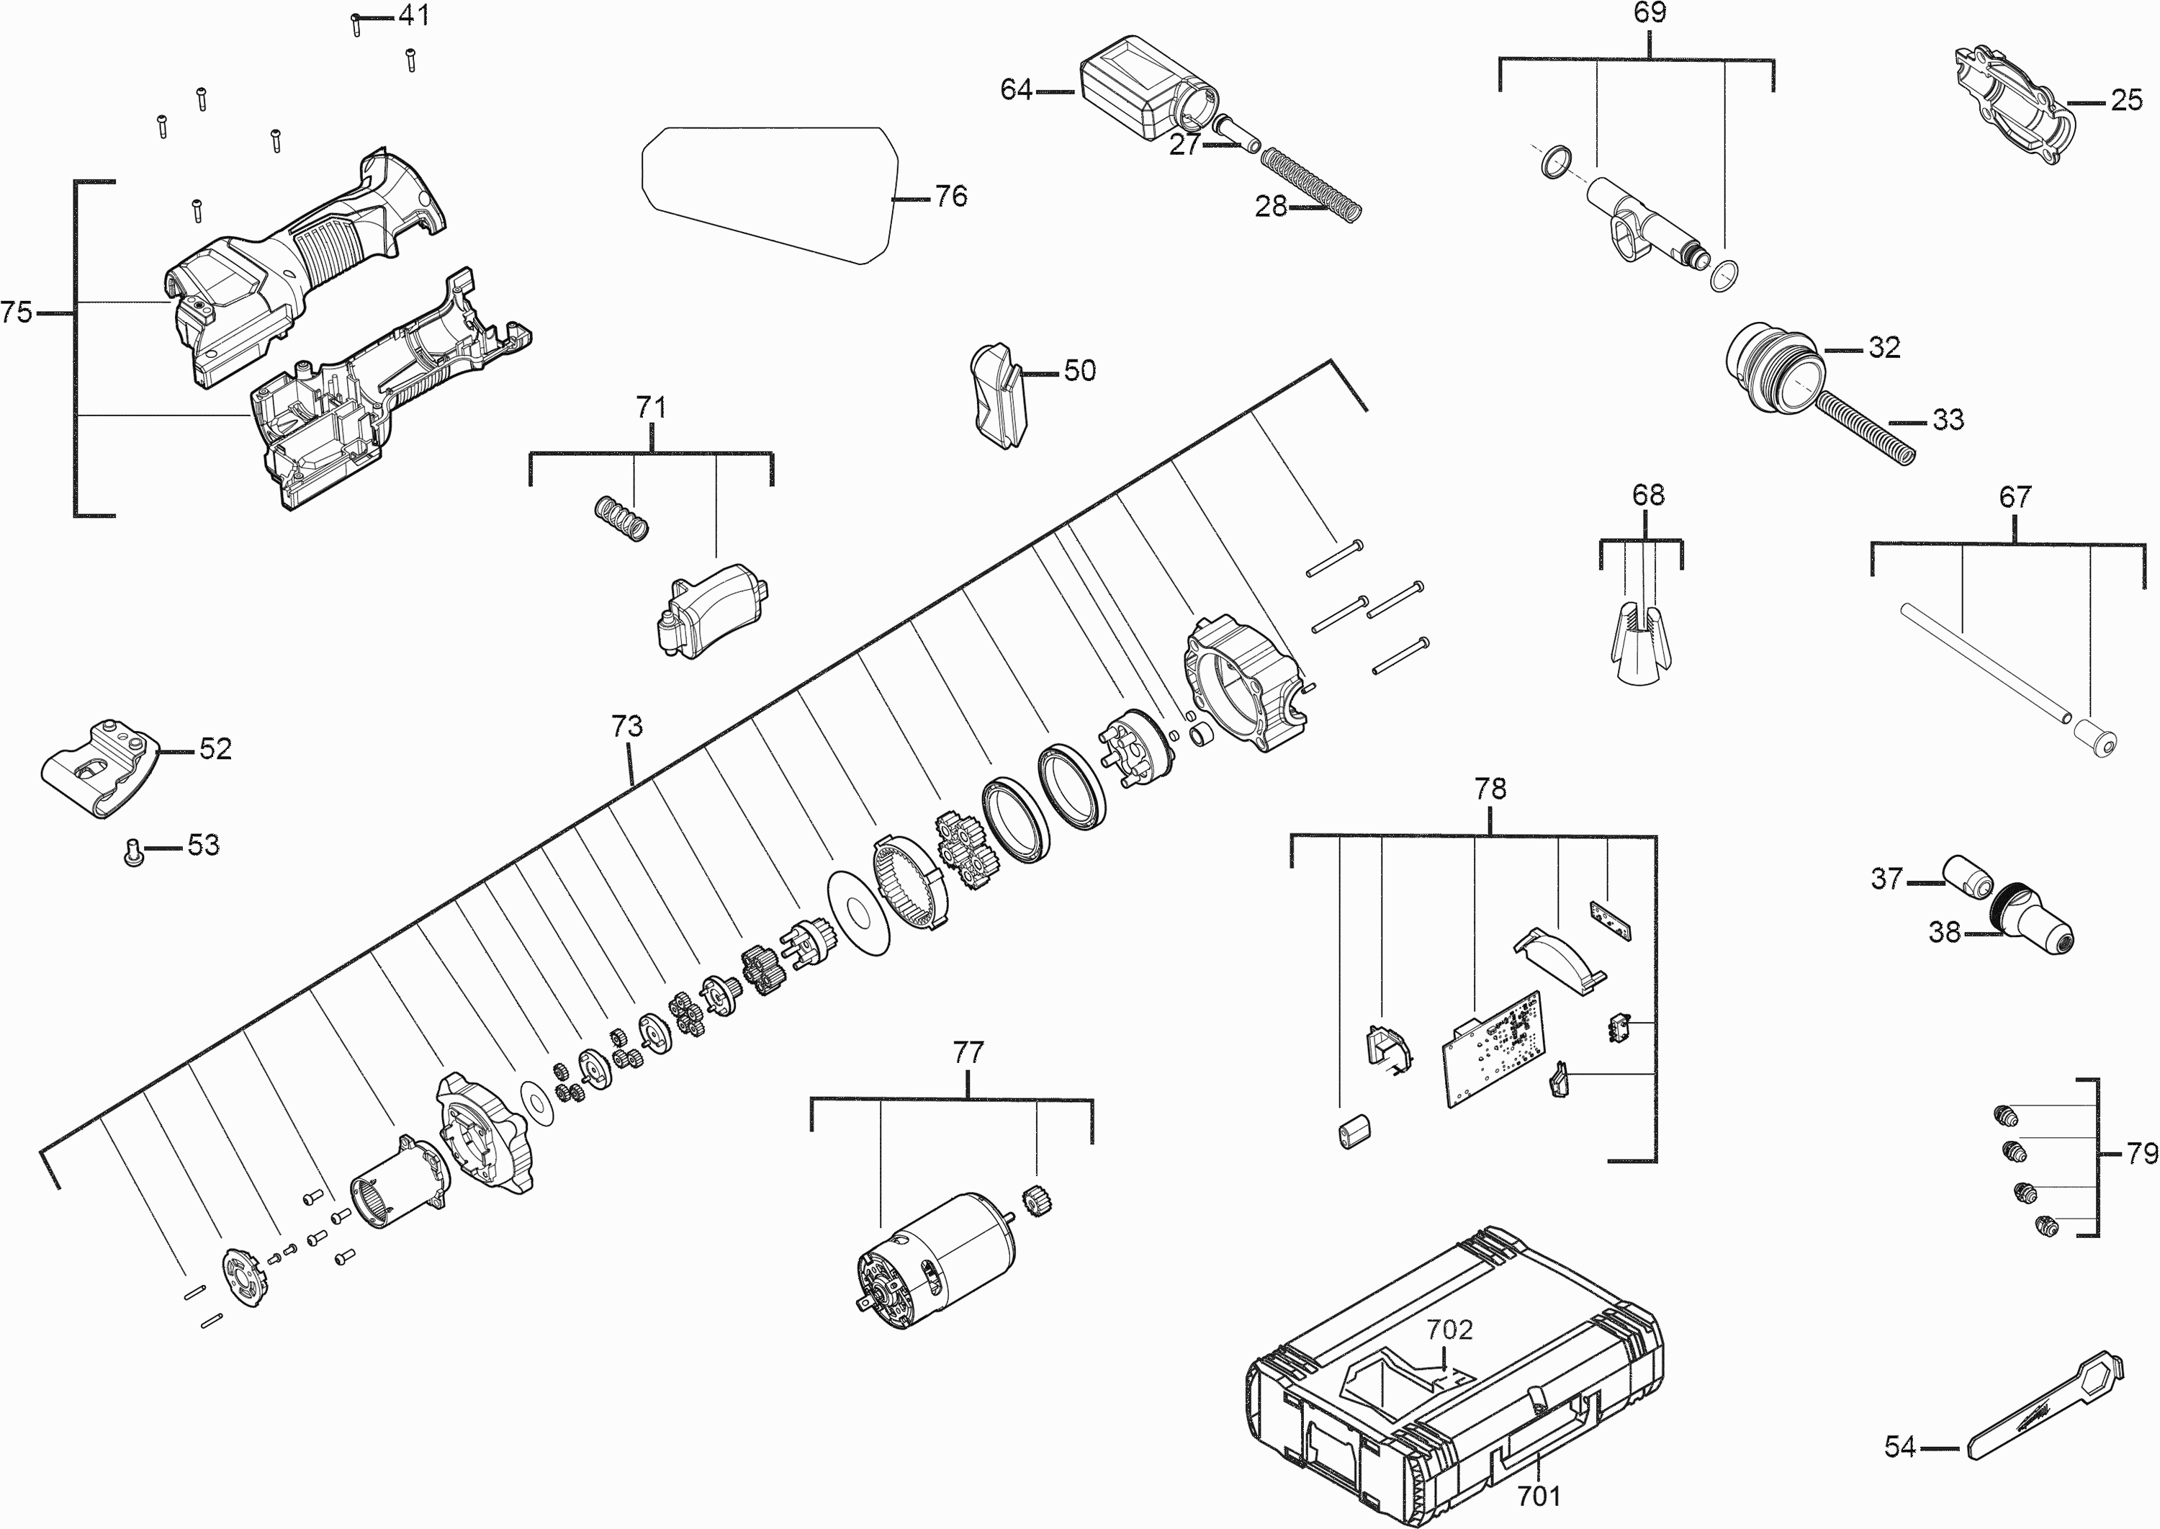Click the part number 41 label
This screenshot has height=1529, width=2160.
(414, 15)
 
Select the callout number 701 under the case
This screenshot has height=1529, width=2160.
(1539, 1495)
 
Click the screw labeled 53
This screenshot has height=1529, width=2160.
(134, 852)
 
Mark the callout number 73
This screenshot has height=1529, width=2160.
(627, 727)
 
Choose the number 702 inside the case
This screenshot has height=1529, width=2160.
(1449, 1330)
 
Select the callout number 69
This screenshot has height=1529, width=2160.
(1649, 13)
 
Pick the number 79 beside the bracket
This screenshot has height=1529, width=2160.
(2141, 1152)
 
